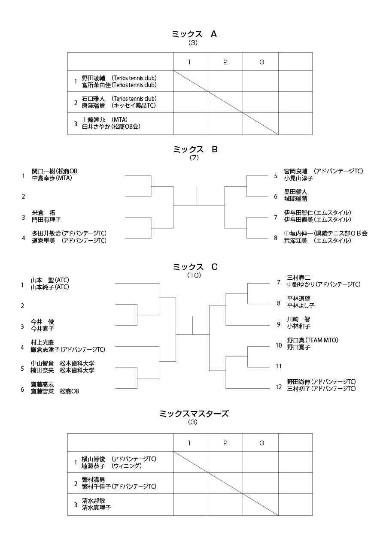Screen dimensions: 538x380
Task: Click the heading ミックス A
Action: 194,34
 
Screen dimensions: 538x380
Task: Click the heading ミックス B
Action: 195,149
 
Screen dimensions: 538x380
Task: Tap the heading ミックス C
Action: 195,267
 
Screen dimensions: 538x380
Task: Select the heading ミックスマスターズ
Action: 194,414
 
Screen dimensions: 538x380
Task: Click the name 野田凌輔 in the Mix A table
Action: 93,78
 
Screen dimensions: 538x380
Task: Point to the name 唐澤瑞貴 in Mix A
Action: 93,106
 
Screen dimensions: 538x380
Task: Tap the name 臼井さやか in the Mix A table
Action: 96,127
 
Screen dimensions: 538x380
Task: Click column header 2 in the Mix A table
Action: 225,62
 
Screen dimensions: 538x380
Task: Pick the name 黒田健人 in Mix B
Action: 296,192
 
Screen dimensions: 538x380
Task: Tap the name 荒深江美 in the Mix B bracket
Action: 296,241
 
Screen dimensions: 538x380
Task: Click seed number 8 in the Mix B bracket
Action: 276,238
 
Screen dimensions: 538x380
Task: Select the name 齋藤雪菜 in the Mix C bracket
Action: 43,391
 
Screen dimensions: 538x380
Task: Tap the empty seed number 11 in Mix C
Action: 279,366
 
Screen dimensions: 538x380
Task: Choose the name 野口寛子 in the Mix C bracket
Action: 299,347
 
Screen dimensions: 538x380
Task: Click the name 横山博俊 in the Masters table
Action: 93,459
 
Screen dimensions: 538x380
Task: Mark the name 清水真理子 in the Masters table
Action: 96,508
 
